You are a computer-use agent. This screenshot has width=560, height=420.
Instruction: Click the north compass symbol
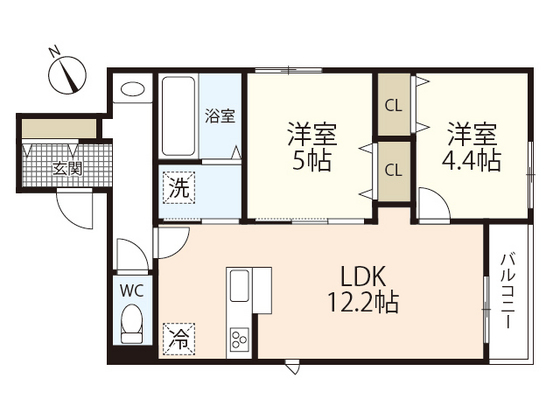click(x=67, y=74)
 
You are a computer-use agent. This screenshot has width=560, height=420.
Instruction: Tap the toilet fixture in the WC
click(x=132, y=324)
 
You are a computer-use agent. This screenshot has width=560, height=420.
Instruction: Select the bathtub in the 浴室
click(x=178, y=116)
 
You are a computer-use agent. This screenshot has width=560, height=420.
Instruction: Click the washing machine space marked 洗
click(x=179, y=188)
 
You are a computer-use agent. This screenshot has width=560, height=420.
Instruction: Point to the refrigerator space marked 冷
click(x=179, y=339)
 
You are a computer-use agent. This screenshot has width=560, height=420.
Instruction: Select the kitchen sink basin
click(x=239, y=286)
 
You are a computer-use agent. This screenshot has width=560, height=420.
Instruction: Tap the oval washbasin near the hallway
click(x=133, y=89)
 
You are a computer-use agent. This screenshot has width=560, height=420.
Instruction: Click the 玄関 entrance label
click(x=68, y=168)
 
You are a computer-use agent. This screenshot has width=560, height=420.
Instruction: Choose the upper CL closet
click(x=394, y=105)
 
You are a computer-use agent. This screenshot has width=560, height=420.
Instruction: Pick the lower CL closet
click(x=394, y=171)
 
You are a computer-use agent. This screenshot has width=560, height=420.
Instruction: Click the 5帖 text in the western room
click(x=311, y=161)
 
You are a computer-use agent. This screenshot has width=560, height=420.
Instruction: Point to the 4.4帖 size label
click(x=471, y=161)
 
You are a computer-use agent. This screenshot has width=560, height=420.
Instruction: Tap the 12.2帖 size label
click(x=363, y=302)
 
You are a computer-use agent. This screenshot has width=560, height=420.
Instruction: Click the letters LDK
click(x=364, y=277)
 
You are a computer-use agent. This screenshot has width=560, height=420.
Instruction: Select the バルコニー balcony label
click(x=508, y=290)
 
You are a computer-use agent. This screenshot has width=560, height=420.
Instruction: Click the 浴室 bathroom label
click(x=220, y=116)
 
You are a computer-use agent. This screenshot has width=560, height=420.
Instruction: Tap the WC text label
click(x=132, y=291)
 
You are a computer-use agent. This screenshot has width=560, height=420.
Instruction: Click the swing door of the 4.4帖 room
click(x=434, y=204)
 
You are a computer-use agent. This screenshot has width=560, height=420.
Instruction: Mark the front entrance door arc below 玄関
click(x=74, y=209)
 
